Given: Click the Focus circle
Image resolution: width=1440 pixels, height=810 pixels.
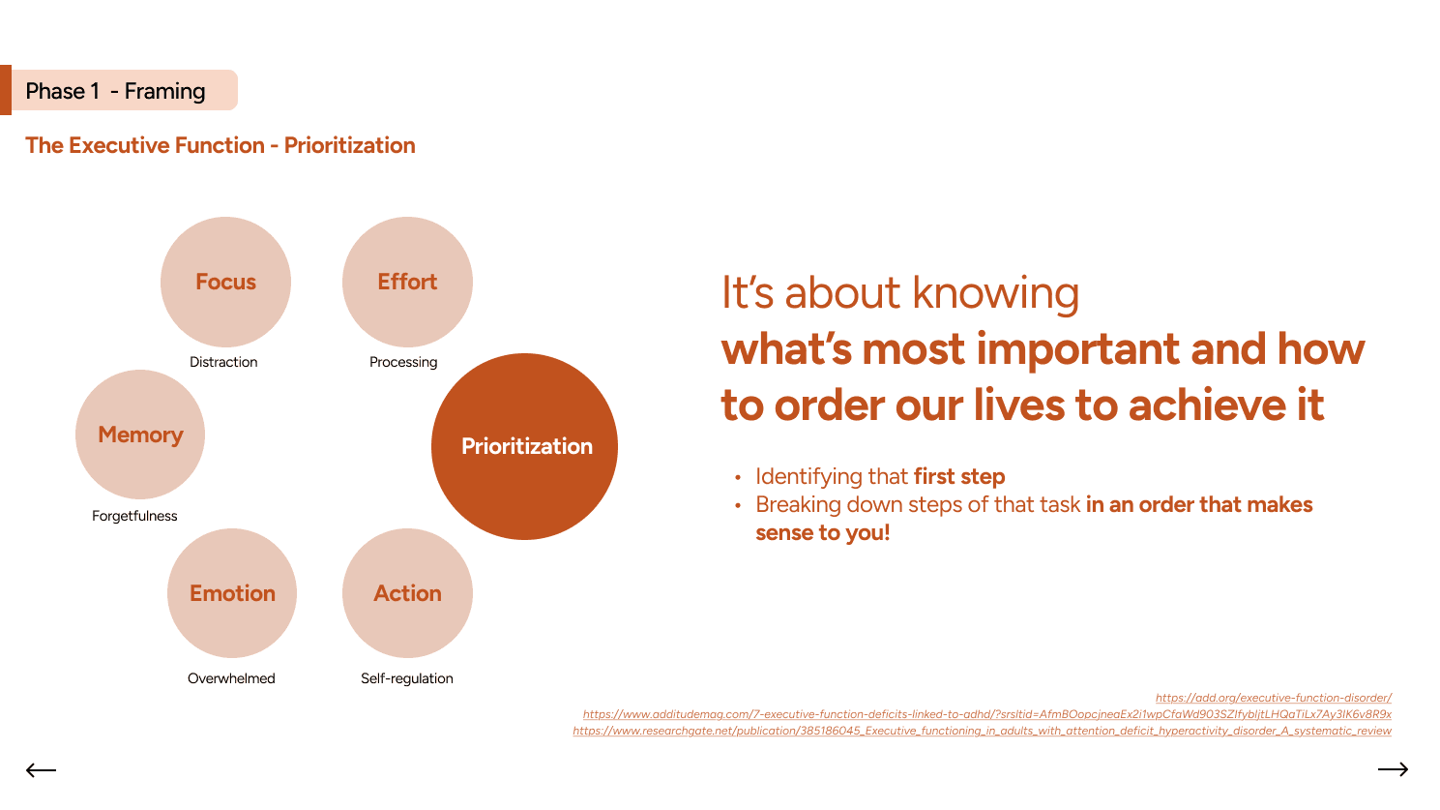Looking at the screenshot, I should click(225, 282).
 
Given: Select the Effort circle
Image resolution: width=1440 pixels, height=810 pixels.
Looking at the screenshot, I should click(407, 282).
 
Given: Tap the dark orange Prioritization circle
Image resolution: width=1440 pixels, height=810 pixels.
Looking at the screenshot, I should click(524, 446).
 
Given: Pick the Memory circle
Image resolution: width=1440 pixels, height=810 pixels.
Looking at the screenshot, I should click(140, 435).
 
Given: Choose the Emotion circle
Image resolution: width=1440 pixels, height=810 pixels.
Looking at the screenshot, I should click(232, 593).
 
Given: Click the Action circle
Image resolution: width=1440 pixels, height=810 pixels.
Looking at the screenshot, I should click(407, 593).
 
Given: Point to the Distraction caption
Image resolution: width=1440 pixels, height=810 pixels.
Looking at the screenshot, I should click(223, 362).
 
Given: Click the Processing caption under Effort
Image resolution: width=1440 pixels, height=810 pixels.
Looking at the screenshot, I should click(403, 362).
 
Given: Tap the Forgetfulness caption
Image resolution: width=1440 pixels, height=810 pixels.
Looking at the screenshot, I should click(134, 516).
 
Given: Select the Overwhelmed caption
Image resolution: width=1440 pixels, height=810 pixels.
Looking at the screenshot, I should click(231, 678).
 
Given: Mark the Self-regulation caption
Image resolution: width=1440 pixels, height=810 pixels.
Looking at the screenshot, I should click(406, 678).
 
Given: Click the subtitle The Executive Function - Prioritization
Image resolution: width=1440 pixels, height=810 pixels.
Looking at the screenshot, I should click(220, 145).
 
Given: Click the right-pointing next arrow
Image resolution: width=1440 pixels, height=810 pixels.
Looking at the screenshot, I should click(1393, 769).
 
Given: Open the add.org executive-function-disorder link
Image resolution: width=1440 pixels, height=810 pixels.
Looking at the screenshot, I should click(1273, 698).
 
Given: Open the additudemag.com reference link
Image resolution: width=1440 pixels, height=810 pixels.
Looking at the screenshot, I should click(986, 714).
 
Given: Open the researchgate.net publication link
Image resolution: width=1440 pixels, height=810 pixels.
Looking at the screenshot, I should click(982, 731).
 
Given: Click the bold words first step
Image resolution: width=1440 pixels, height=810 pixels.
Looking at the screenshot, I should click(958, 476).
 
